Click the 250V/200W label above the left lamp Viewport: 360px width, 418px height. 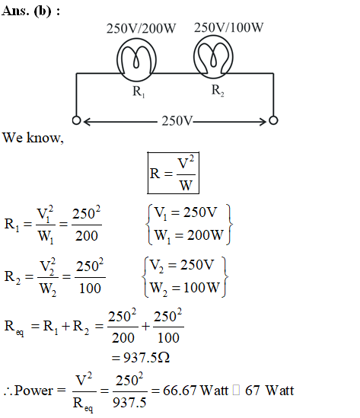click(x=142, y=28)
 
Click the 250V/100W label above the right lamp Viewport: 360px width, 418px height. click(x=228, y=27)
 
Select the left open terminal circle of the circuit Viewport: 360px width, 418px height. click(x=76, y=120)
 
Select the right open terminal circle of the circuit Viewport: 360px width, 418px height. click(x=273, y=120)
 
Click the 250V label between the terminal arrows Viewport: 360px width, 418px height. click(x=177, y=121)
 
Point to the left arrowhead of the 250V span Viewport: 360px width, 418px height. click(x=87, y=122)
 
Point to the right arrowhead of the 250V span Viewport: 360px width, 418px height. click(x=263, y=122)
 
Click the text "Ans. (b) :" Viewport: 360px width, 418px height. click(x=30, y=11)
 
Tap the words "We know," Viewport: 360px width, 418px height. click(x=33, y=138)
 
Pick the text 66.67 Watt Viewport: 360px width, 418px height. click(x=196, y=391)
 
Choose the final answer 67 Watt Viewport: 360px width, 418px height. click(x=269, y=391)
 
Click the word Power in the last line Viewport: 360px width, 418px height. click(x=33, y=391)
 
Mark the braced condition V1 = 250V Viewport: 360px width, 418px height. click(x=186, y=213)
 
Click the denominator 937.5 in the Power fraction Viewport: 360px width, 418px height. click(x=129, y=402)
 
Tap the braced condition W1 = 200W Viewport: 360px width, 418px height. click(x=189, y=236)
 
